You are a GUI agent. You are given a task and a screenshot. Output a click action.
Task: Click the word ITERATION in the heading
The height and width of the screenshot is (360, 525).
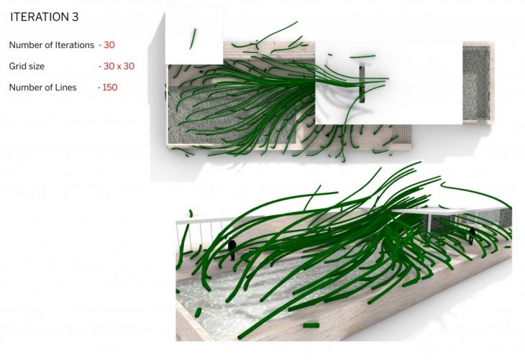39,17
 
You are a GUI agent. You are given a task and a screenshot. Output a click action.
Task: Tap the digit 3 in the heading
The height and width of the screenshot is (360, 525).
75,17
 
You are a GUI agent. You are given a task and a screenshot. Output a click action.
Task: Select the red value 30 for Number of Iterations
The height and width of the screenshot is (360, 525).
109,45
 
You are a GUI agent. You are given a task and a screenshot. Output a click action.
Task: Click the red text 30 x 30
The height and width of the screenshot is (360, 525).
119,66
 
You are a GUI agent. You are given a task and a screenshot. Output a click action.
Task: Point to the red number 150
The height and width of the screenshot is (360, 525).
110,88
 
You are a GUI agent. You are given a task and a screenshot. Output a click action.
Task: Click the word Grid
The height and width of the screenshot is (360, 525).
16,66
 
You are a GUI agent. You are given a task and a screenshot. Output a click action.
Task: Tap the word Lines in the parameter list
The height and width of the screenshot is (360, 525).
66,88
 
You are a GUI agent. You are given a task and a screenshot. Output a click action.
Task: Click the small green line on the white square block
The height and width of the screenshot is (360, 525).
193,39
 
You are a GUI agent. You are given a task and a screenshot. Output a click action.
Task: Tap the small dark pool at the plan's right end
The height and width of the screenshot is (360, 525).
476,83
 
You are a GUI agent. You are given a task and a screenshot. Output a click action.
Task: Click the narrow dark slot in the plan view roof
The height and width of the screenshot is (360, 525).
362,83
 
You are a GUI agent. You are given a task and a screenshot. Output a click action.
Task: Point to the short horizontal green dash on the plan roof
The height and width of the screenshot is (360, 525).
362,57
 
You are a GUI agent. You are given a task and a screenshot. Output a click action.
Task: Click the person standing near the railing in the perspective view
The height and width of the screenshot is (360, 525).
232,249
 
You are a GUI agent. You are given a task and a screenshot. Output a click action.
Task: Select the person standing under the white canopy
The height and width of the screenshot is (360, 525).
472,236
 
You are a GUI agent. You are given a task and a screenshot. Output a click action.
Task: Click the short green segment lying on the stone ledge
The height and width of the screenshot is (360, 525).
311,325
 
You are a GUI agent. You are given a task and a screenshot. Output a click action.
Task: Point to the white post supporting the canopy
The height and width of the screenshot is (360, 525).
430,222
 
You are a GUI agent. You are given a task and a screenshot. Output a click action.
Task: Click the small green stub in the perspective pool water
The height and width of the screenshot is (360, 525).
198,313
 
